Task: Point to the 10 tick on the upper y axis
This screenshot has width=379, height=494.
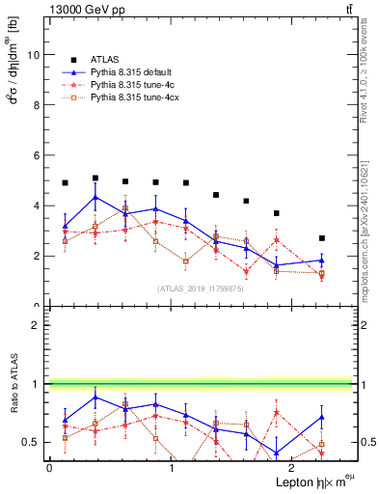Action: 36,55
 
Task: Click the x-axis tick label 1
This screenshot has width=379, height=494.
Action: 171,467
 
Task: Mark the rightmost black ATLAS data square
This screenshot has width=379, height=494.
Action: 322,238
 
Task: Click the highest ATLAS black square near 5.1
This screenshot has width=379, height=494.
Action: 95,178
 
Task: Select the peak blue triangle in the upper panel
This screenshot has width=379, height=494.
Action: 95,198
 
